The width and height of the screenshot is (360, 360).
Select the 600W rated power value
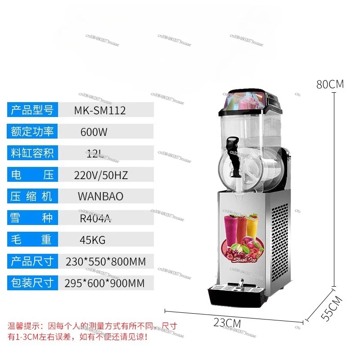pos(94,132)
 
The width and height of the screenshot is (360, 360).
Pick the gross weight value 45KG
pos(92,240)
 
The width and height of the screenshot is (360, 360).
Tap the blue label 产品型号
pos(32,110)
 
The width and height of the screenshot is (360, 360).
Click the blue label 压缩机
pos(32,197)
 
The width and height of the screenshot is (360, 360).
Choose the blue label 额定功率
pos(32,131)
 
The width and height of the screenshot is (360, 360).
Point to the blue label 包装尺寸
pos(32,283)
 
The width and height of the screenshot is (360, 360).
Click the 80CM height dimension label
pos(330,84)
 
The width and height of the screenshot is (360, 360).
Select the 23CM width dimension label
pos(227,323)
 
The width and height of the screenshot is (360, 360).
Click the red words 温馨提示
pos(25,325)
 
